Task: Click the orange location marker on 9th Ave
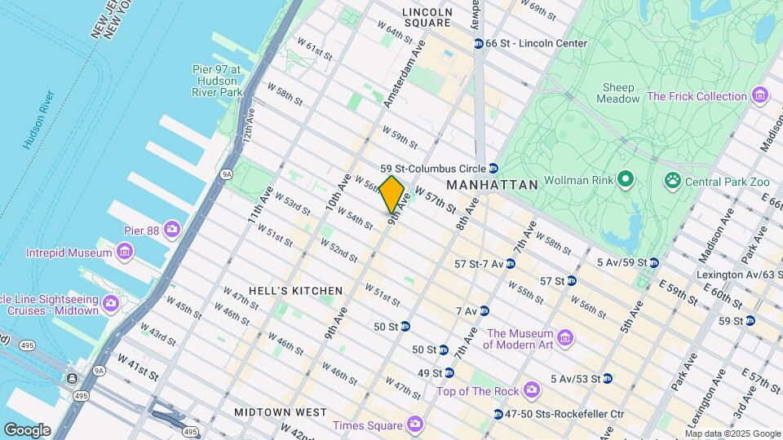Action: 392,194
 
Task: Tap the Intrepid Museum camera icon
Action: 124,253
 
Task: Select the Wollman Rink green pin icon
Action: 626,178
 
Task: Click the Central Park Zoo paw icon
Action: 674,179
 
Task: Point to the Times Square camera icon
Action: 415,425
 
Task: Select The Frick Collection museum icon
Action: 760,96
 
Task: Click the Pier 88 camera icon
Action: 171,230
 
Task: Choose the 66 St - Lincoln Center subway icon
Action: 479,42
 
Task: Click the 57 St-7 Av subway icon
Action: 510,263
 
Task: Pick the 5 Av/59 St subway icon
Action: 653,262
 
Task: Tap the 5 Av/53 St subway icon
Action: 607,378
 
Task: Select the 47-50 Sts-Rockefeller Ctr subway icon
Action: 498,414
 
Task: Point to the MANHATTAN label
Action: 493,185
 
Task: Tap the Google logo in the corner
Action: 27,429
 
